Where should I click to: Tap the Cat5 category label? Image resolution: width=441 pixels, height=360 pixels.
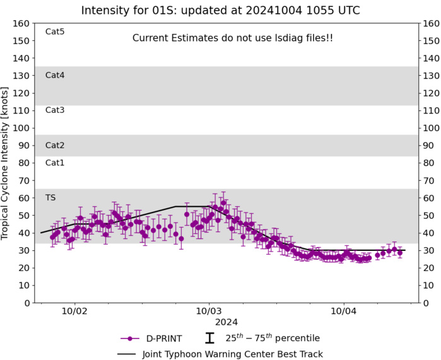[x=55, y=32]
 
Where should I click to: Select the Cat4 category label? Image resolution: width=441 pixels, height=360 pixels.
[x=55, y=75]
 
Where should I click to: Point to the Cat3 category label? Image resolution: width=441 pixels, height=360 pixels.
[x=55, y=110]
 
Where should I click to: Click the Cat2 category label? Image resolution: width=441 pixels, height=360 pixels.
[x=55, y=145]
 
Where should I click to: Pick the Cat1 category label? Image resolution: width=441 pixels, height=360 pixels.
[x=55, y=163]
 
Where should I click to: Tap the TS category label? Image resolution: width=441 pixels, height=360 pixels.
[x=50, y=197]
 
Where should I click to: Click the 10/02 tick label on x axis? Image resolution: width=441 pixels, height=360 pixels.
[x=75, y=311]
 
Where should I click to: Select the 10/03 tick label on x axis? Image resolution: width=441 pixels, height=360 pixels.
[x=209, y=311]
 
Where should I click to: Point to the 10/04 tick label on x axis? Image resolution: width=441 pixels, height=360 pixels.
[x=343, y=311]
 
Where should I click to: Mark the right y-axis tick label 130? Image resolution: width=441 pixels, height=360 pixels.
[x=430, y=76]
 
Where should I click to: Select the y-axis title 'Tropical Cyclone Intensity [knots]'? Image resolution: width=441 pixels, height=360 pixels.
[x=6, y=163]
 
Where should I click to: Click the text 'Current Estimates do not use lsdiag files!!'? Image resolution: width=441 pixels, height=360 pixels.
[x=233, y=38]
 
